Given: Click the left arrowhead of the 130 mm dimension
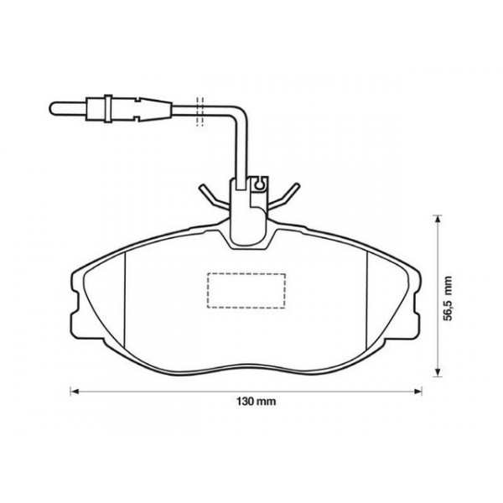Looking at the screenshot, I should (73, 391).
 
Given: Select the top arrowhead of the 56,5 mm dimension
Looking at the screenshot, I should (437, 219).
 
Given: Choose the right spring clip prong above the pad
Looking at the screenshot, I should (288, 194).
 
